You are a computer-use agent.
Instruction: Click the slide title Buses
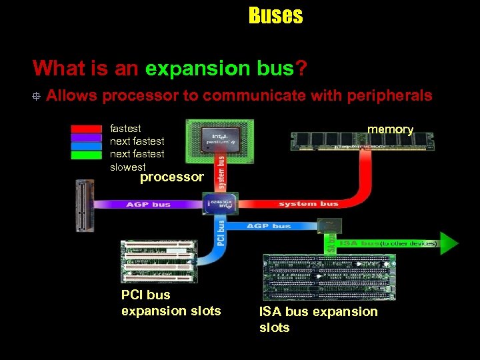[275, 15]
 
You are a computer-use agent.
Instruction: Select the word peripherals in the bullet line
[389, 95]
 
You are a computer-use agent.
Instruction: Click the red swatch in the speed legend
[87, 128]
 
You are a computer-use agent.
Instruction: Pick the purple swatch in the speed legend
[87, 137]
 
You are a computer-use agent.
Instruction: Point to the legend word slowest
[127, 167]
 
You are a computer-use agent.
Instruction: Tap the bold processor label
[171, 177]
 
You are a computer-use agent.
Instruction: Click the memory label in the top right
[391, 129]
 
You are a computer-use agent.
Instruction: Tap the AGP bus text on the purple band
[149, 204]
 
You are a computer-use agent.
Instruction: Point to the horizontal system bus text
[308, 203]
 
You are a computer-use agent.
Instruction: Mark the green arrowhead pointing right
[449, 243]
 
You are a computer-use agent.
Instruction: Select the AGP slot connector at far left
[85, 205]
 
